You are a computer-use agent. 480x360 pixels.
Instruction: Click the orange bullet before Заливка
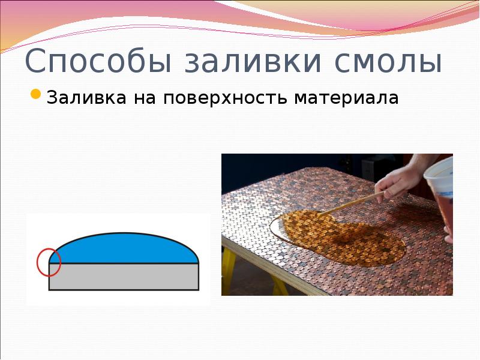pyautogui.click(x=35, y=95)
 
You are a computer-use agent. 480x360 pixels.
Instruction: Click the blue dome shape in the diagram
pyautogui.click(x=126, y=249)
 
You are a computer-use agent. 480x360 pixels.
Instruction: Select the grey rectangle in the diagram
pyautogui.click(x=124, y=277)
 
